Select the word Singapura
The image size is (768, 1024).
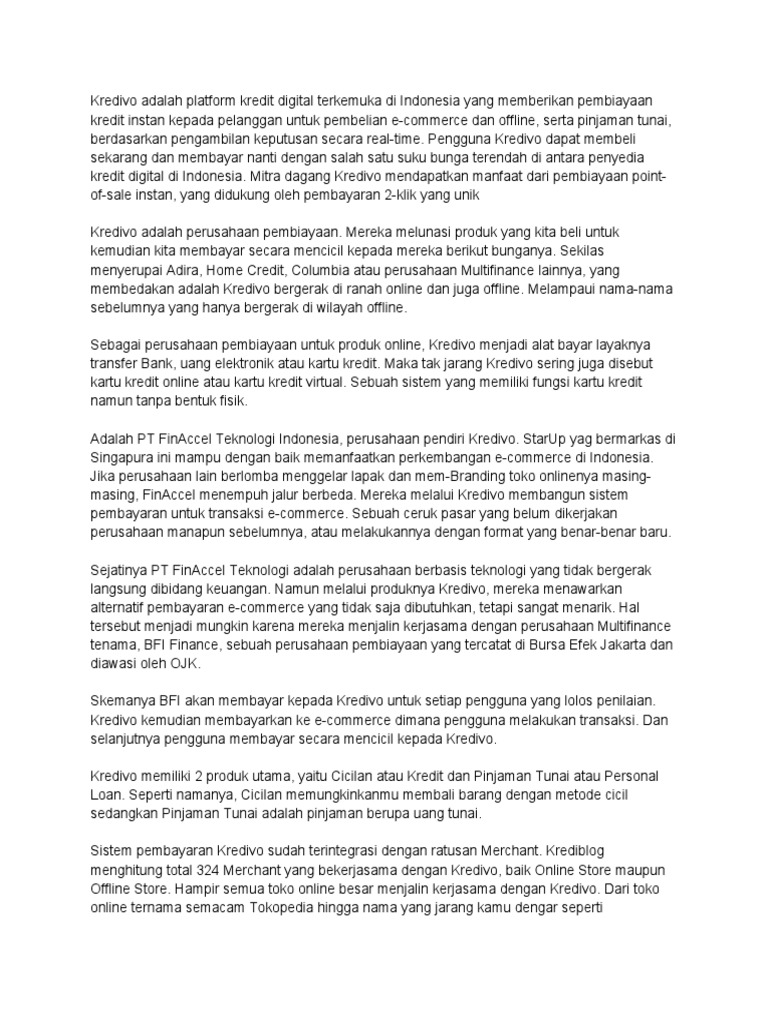click(x=123, y=457)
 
